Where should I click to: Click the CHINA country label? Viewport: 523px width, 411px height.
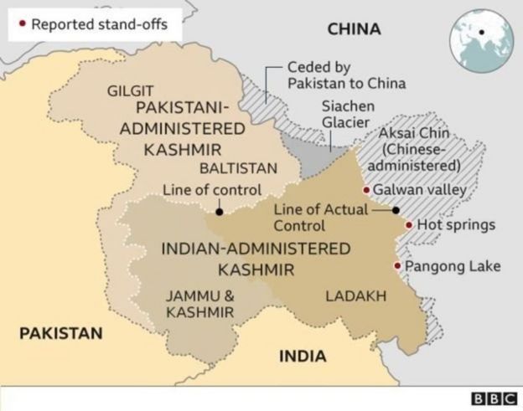[x=354, y=30]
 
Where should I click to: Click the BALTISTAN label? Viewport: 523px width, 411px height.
[x=238, y=168]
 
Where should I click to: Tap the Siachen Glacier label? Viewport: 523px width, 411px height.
[x=348, y=115]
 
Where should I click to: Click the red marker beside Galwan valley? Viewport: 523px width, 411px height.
[x=366, y=190]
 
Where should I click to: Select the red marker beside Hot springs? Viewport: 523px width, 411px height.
[x=408, y=225]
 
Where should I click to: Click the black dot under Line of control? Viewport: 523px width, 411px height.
[x=219, y=213]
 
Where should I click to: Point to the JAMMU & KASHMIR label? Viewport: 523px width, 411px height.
[x=200, y=304]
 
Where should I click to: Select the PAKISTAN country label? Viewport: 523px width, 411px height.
[x=61, y=333]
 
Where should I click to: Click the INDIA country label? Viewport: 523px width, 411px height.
[x=302, y=356]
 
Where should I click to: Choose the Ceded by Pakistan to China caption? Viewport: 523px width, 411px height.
[x=346, y=75]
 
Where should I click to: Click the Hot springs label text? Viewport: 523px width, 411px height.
[x=456, y=225]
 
